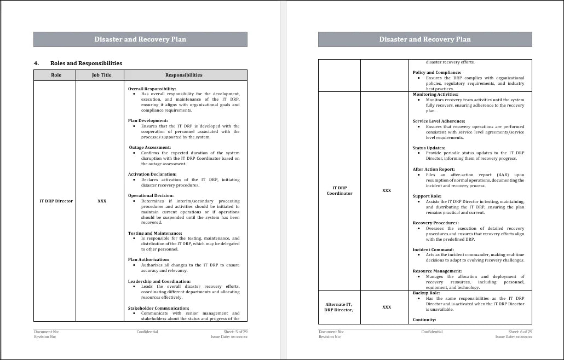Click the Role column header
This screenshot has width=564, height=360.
pos(56,75)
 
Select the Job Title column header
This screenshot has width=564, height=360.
pos(101,75)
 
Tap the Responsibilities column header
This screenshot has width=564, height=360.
pos(183,75)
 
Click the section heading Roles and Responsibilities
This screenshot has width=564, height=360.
pos(86,63)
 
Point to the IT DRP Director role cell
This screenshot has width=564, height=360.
pos(56,201)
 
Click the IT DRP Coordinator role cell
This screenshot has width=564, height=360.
pos(339,190)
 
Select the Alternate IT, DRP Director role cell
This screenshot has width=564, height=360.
pos(339,307)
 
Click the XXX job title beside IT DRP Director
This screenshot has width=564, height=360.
pos(102,201)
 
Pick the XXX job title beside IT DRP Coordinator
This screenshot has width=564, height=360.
pos(387,190)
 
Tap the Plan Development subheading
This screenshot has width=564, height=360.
pos(148,120)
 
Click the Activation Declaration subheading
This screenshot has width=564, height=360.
pos(152,174)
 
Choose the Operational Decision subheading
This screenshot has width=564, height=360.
pos(151,195)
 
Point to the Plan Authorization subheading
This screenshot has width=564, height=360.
pos(149,259)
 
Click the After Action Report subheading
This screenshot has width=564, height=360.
pos(433,169)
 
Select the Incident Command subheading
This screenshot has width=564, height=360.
pos(433,249)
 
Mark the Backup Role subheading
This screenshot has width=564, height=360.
pos(425,293)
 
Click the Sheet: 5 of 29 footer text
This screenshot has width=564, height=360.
pos(228,332)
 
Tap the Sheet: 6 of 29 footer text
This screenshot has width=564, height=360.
pos(520,332)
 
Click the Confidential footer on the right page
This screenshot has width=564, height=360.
pos(432,332)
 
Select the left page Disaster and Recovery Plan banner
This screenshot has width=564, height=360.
pos(140,39)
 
